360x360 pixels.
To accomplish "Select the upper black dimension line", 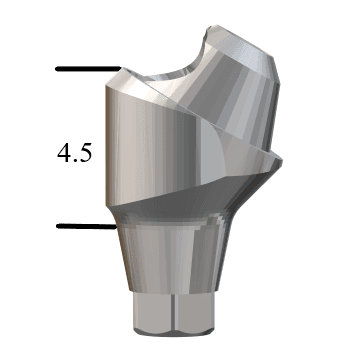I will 88,69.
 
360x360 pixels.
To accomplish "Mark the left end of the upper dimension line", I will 58,69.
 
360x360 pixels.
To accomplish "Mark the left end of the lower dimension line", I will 58,226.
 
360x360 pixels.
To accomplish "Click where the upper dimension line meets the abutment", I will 119,69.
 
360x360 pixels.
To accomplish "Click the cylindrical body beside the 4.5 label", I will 150,150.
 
